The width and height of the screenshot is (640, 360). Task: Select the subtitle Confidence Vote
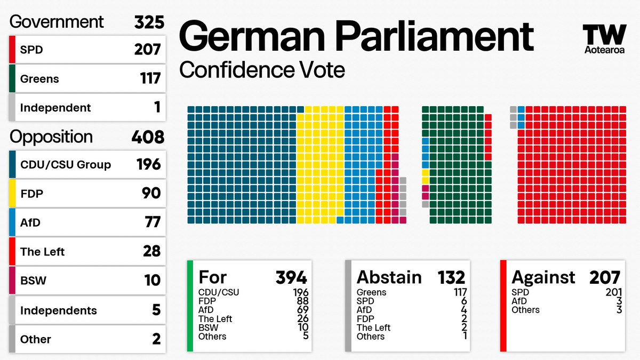(262, 70)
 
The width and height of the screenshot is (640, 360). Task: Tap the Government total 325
(148, 22)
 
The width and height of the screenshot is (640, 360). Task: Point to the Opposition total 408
(148, 137)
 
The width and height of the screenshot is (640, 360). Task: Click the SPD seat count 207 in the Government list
(147, 50)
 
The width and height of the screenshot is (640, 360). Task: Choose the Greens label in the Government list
(39, 79)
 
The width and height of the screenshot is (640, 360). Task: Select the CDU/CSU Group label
(66, 164)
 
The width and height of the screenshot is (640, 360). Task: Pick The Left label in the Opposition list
(42, 251)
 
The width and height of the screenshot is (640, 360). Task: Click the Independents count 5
(156, 310)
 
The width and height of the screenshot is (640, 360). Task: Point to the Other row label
(35, 339)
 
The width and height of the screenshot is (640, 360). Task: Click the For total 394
(291, 277)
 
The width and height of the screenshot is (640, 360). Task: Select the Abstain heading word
(389, 277)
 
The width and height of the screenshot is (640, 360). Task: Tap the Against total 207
(605, 277)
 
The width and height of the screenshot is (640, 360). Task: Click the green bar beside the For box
(190, 306)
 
